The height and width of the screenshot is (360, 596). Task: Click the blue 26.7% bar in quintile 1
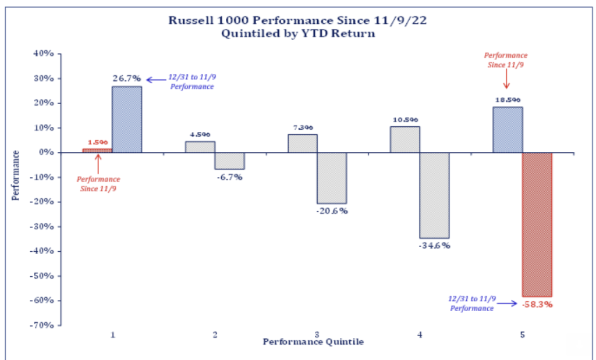(127, 119)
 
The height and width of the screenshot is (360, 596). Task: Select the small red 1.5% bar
(97, 151)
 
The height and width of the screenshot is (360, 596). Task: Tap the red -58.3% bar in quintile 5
(537, 224)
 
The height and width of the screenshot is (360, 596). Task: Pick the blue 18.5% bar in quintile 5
(508, 130)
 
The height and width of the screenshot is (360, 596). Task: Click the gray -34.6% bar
(434, 195)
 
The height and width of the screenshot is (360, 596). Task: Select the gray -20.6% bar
(332, 177)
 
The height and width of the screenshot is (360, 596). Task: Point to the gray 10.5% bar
(405, 140)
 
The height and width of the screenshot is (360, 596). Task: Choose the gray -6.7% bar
(229, 161)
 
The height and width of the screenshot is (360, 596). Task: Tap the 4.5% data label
(200, 135)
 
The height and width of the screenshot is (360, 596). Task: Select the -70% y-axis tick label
(42, 325)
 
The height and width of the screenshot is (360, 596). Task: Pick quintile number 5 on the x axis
(522, 335)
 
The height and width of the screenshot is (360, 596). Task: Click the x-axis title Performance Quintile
(313, 342)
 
